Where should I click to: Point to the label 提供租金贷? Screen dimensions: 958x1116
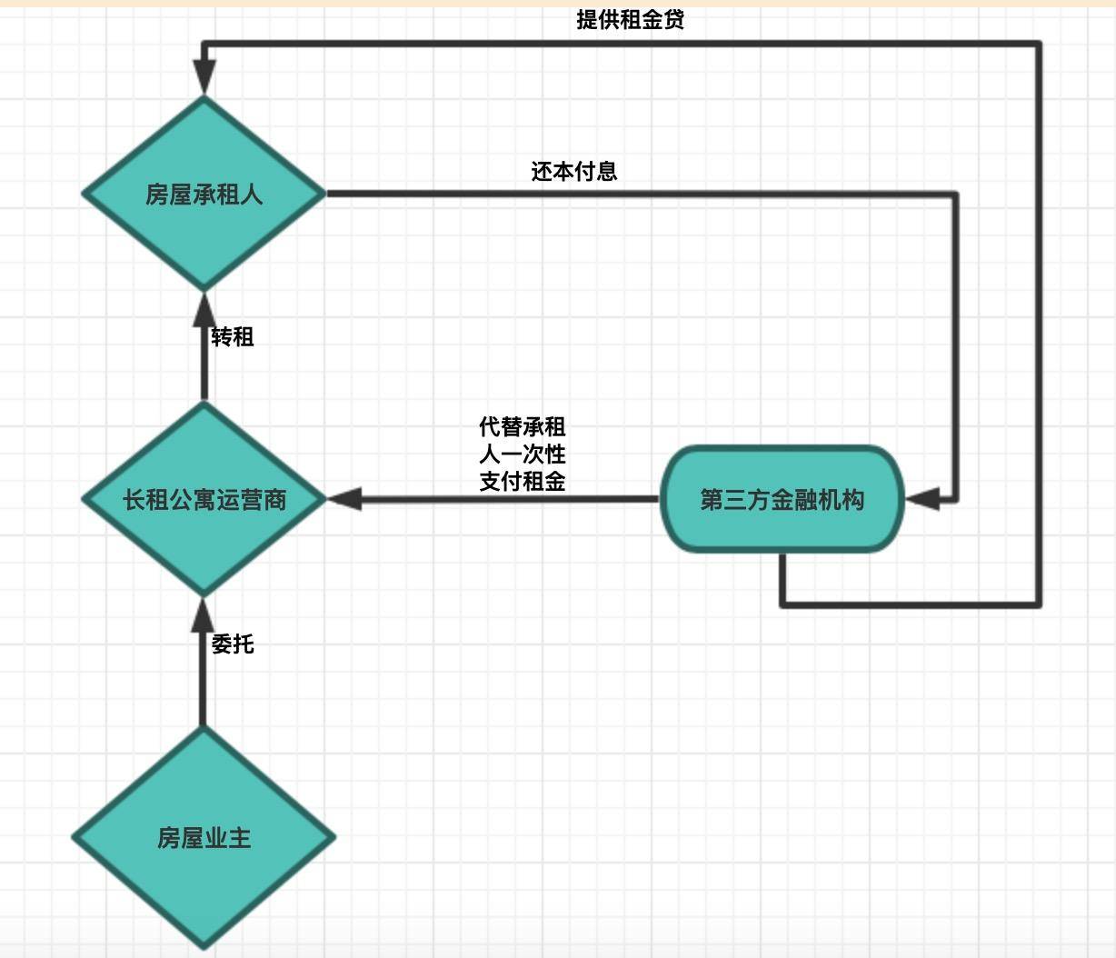click(630, 19)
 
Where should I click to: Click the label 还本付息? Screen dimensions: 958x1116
click(573, 171)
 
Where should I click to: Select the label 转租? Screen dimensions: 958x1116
click(233, 337)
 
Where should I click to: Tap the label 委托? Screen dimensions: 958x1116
click(233, 644)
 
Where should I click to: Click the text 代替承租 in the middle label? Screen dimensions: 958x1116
click(522, 426)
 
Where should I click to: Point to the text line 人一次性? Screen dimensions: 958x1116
click(522, 454)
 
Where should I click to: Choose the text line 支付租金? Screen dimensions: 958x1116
click(522, 481)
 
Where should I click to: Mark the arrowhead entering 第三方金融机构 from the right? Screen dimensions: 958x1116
click(922, 498)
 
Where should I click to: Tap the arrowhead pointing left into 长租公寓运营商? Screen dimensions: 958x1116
click(345, 498)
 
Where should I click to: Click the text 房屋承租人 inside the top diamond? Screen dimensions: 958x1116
click(204, 195)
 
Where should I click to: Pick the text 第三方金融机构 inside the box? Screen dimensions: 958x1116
click(782, 499)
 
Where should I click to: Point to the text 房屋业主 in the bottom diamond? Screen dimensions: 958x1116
click(204, 837)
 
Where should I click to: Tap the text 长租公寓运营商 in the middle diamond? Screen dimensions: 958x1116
click(204, 499)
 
